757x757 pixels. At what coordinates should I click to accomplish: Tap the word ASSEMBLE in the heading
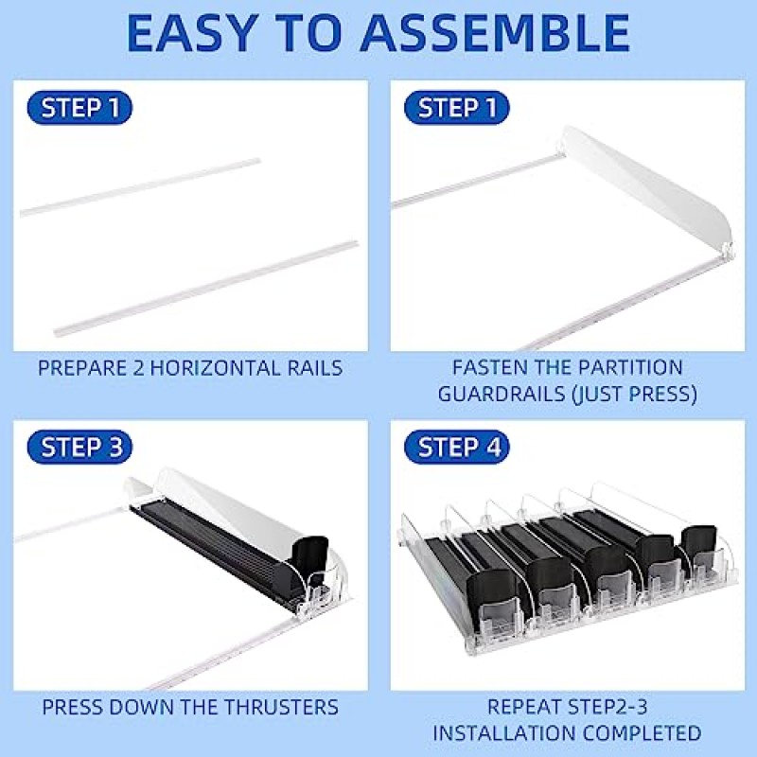coord(494,33)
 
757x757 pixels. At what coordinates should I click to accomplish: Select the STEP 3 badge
coord(79,447)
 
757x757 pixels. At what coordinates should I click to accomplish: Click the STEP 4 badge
coord(457,447)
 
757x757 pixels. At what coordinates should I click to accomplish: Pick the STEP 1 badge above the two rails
coord(79,107)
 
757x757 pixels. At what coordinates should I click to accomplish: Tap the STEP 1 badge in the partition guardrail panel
coord(457,107)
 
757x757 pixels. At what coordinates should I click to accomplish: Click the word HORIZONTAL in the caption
coord(216,368)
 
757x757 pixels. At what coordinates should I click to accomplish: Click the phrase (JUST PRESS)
coord(634,394)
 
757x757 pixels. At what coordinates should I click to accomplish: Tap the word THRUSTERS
coord(281,707)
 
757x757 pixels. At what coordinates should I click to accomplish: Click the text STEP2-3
coord(607,707)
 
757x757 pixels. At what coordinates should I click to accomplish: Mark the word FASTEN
coord(484,367)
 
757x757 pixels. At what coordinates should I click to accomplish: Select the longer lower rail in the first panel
coord(205,288)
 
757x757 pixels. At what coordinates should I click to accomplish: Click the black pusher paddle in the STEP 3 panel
coord(309,556)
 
